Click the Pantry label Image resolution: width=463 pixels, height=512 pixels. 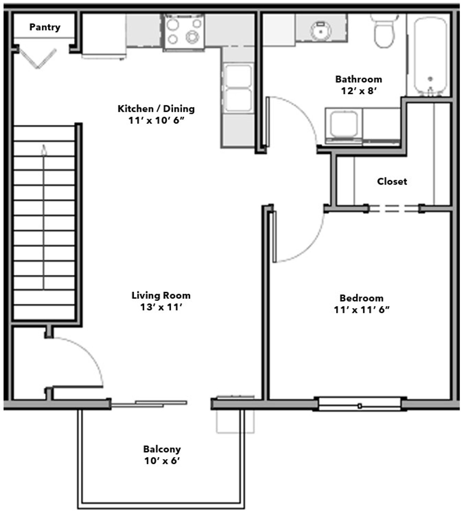45,27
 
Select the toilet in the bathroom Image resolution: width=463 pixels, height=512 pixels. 384,31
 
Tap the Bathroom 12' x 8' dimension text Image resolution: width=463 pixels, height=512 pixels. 359,91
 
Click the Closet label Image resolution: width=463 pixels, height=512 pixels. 392,182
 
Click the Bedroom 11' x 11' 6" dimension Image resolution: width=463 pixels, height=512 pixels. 362,310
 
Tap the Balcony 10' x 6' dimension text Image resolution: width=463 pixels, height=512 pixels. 162,461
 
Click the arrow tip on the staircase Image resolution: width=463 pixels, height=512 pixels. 44,145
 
